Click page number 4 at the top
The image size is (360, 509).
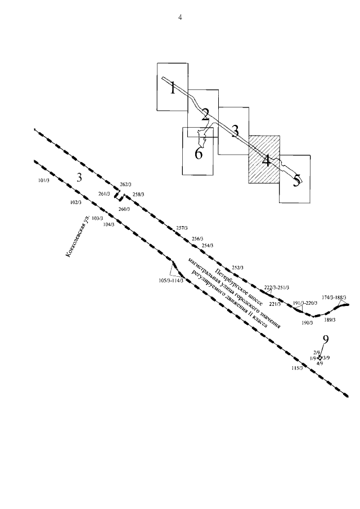tap(180, 17)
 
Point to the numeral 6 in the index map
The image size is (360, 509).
tap(199, 152)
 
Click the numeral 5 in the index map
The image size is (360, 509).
tap(295, 181)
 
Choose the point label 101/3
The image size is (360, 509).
tap(44, 181)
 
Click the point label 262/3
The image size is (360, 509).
tap(125, 184)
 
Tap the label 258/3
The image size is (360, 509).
tap(138, 195)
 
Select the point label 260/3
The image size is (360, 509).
tap(124, 209)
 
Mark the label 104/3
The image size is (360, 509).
tap(109, 224)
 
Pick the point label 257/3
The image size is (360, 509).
tap(181, 228)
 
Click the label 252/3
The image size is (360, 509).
tap(237, 267)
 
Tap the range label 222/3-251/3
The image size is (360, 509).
tap(277, 287)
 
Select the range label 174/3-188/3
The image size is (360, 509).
tap(334, 297)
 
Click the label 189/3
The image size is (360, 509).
tap(330, 319)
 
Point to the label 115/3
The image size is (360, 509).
tap(297, 368)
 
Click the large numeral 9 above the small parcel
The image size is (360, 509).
tap(325, 340)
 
